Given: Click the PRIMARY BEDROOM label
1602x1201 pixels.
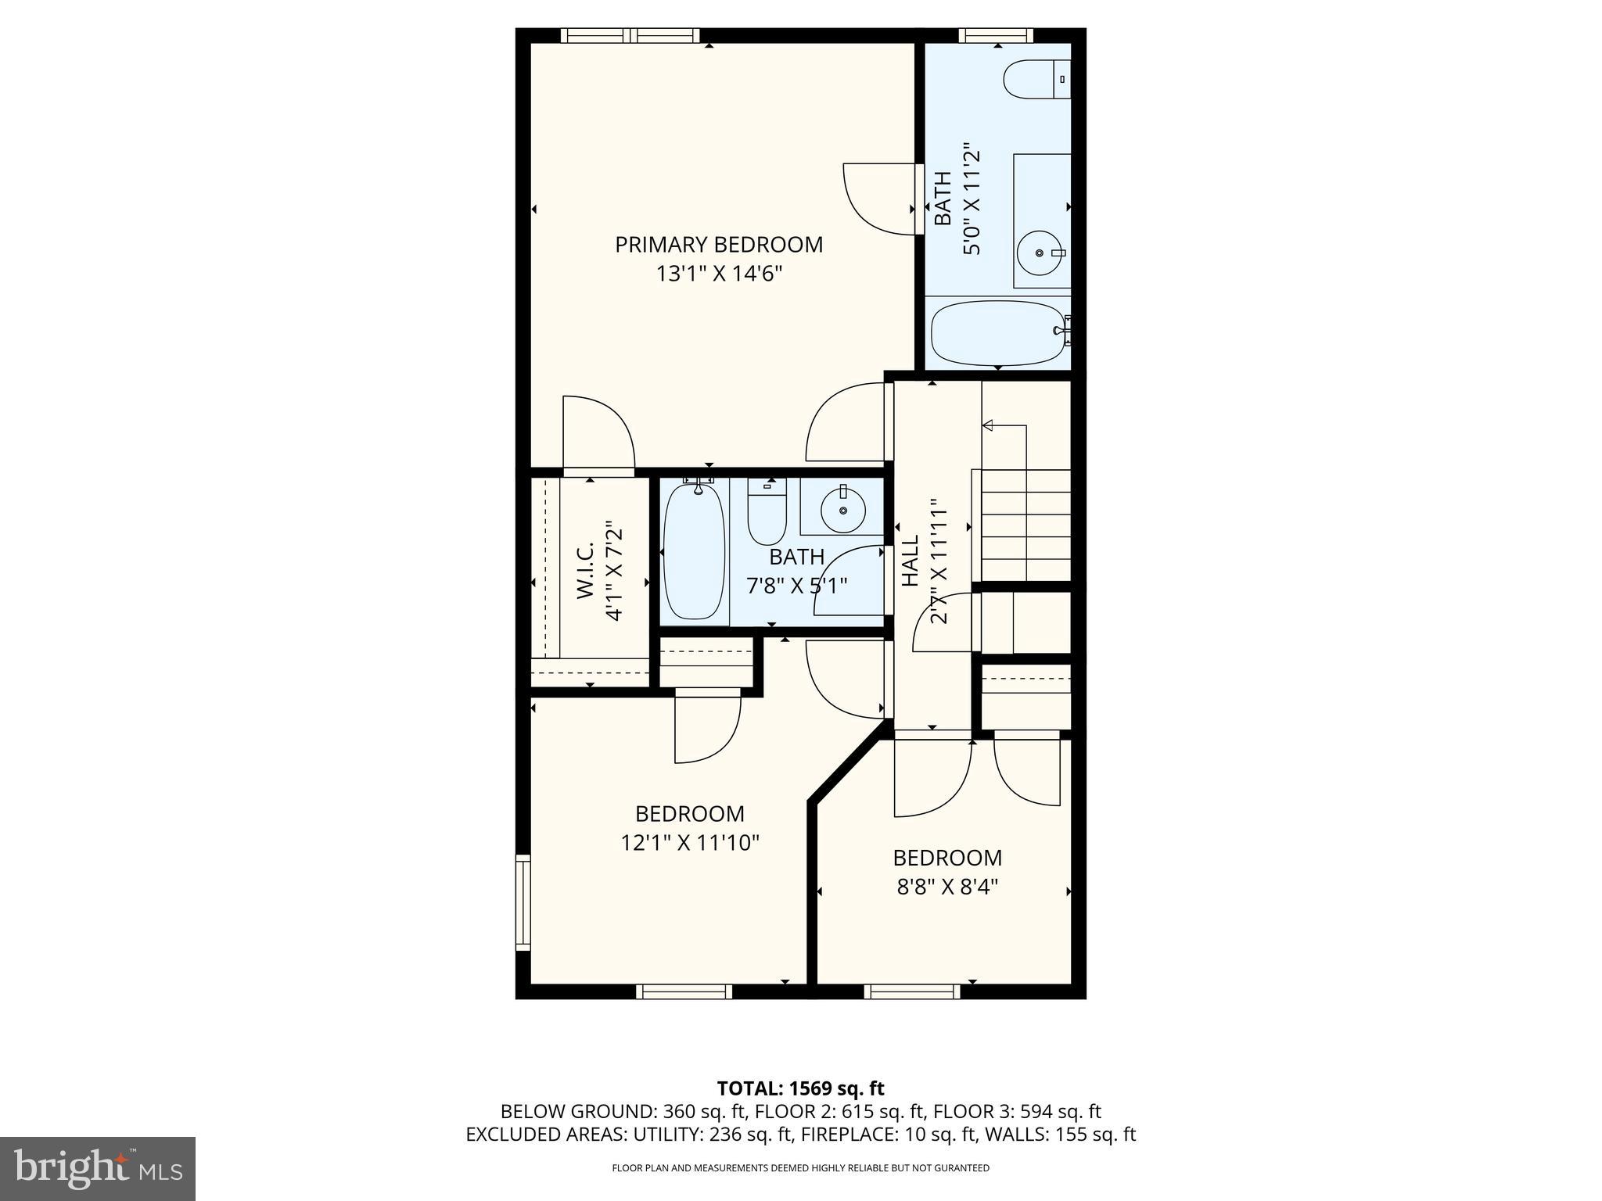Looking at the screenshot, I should click(x=719, y=245).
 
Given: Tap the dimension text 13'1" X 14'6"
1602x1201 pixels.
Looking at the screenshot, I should click(x=719, y=274).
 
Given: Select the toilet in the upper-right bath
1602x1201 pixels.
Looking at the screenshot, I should click(x=1035, y=78).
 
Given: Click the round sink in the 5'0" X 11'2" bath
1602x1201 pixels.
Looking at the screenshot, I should click(x=1040, y=253).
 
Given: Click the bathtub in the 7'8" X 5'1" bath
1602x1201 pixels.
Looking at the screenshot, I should click(x=694, y=552).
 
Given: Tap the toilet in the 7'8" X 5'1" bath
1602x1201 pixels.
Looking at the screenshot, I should click(x=767, y=512).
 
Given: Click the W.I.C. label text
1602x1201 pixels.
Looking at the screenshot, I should click(x=586, y=572).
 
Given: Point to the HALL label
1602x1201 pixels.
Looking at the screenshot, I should click(x=911, y=561).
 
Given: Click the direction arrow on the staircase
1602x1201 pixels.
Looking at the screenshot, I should click(x=988, y=425).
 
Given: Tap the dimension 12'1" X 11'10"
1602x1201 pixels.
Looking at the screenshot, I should click(x=690, y=843).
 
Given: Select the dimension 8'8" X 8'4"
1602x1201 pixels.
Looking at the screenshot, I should click(x=947, y=887).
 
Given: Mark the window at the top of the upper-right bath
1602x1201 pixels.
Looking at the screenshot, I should click(x=996, y=35).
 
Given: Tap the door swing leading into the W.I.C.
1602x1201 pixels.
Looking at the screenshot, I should click(x=598, y=434).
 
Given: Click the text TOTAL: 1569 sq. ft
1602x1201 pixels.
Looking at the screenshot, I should click(x=800, y=1088).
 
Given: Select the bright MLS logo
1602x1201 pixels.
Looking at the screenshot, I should click(x=98, y=1169).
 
